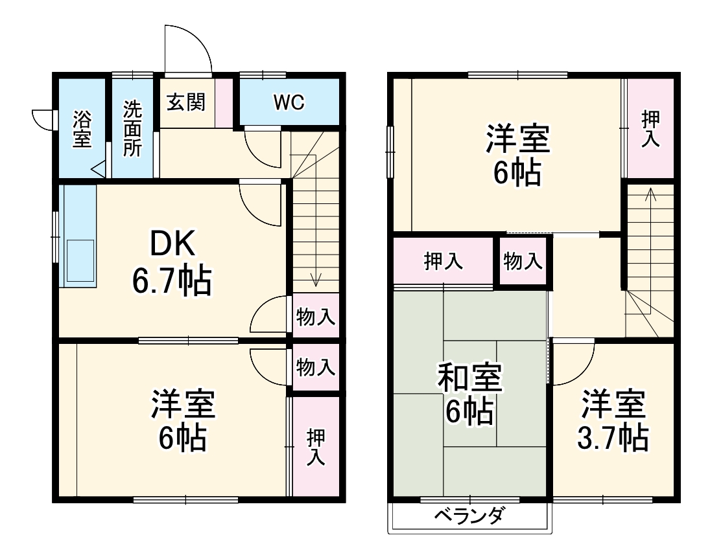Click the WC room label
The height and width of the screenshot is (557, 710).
coord(289,102)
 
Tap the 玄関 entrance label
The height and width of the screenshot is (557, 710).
coord(186,102)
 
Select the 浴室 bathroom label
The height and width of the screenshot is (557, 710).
coord(82,129)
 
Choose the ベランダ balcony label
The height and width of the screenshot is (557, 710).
coord(469,516)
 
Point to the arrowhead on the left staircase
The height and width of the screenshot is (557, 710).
coord(315,280)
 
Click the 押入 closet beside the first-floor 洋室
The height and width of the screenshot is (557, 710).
coord(316,447)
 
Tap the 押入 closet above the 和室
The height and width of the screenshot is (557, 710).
coord(444,261)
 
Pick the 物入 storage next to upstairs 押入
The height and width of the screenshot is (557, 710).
coord(523,262)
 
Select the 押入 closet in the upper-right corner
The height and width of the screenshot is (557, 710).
coord(650,128)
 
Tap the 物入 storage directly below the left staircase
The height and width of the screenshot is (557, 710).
coord(316,317)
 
